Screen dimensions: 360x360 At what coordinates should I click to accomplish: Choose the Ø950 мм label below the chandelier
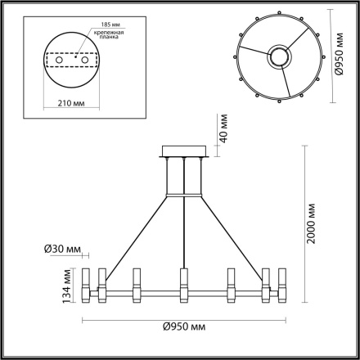tap(183, 326)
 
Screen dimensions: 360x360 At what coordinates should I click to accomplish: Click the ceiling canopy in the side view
tap(185, 152)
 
